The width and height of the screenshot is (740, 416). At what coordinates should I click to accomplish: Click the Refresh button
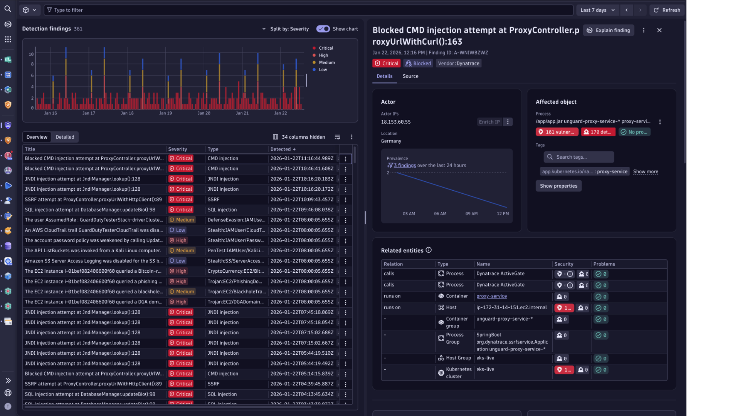pos(667,10)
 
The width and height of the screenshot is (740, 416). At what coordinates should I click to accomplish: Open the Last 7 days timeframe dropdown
pos(597,10)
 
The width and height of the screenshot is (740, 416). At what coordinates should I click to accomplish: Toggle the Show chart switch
pos(323,29)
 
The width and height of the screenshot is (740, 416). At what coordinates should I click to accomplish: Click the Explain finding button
pos(609,30)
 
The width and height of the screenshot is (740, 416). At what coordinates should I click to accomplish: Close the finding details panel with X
pos(659,30)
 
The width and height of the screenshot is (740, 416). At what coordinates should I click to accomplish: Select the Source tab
pos(410,76)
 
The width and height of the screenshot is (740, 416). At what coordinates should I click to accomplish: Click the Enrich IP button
pos(489,122)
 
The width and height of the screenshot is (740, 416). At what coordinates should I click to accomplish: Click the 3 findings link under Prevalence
pos(404,165)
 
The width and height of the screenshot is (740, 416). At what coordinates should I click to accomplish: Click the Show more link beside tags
pos(645,171)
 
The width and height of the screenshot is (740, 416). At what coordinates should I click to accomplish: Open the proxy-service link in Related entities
pos(491,296)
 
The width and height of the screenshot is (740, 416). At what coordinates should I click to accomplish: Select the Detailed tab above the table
pos(65,137)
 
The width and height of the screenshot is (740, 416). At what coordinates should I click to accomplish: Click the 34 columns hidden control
pos(299,137)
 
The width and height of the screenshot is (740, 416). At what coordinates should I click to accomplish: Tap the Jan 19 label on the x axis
pos(165,113)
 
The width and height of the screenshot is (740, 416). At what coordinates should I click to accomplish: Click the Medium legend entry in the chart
pos(326,62)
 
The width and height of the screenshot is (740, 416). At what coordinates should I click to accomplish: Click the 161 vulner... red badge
pos(557,132)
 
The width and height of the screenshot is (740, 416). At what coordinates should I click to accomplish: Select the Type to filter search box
pos(308,10)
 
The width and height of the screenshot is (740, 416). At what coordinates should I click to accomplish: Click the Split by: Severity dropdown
pos(286,29)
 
